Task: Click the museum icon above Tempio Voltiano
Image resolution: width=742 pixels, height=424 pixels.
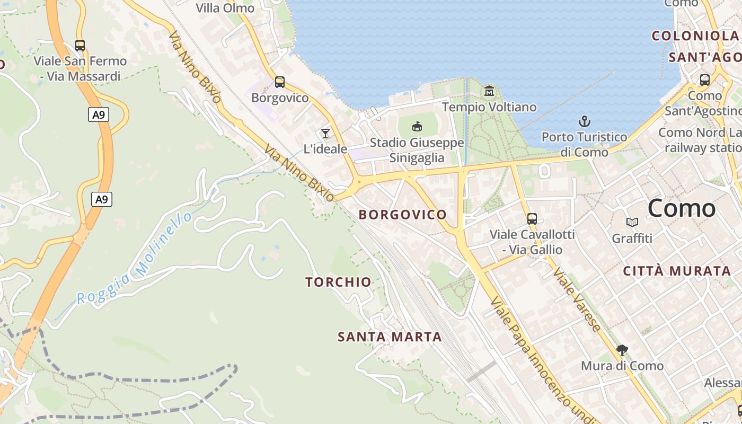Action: pos(489,91)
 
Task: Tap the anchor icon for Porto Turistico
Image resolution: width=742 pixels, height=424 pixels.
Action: pos(585,121)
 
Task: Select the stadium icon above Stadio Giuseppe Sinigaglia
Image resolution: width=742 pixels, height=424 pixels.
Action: pos(417,126)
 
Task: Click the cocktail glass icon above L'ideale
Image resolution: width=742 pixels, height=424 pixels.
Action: pos(325,133)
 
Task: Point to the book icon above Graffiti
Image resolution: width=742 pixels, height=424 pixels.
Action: pos(632,223)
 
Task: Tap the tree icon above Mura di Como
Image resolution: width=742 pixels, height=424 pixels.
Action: pos(622,350)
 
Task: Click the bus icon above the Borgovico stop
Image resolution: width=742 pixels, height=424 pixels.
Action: pos(279,82)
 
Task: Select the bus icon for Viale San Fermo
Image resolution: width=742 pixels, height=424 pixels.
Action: pos(80,46)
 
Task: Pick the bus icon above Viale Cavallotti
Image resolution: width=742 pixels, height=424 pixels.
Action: pos(532,218)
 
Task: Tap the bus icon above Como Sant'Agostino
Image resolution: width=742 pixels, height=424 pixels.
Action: pos(704,80)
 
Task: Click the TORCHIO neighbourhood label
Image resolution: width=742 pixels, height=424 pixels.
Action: pos(338,282)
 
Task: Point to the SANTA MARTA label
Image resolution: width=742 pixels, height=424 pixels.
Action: pos(390,337)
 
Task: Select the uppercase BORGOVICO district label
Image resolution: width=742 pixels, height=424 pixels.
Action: pos(403,215)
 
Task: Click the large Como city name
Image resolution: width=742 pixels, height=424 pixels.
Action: pos(682,208)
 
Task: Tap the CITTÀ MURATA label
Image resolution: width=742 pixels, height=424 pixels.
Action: pos(677,271)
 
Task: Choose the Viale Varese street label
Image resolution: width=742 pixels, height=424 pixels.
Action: pos(577,299)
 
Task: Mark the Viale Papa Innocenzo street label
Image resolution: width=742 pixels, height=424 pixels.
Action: pos(541,360)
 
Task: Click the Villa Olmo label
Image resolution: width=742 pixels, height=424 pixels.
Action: pos(225,8)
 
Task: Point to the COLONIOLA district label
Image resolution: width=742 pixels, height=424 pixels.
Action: pos(695,36)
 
